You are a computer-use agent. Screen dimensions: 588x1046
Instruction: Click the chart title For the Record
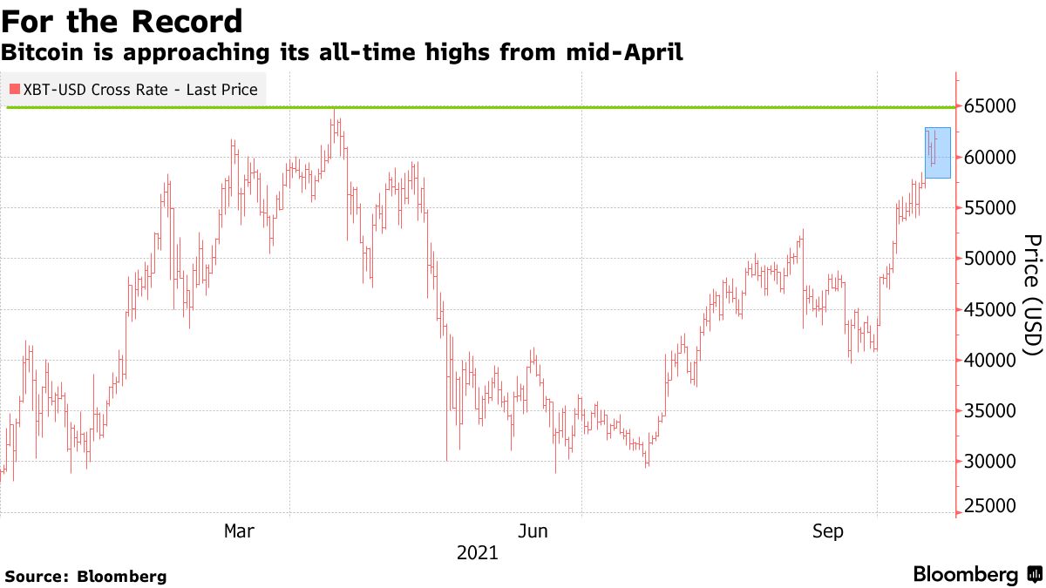pyautogui.click(x=122, y=21)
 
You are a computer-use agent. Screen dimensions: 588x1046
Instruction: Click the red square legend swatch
pyautogui.click(x=13, y=90)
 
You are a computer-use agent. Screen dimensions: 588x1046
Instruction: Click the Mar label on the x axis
pyautogui.click(x=240, y=531)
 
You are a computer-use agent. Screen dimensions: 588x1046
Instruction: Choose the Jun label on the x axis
pyautogui.click(x=533, y=531)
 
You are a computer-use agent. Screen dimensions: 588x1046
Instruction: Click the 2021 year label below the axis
pyautogui.click(x=478, y=553)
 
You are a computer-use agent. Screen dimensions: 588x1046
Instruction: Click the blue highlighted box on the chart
pyautogui.click(x=937, y=153)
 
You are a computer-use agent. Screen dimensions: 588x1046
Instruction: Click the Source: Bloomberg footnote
pyautogui.click(x=85, y=576)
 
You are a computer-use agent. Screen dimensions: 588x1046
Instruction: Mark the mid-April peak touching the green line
pyautogui.click(x=333, y=111)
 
